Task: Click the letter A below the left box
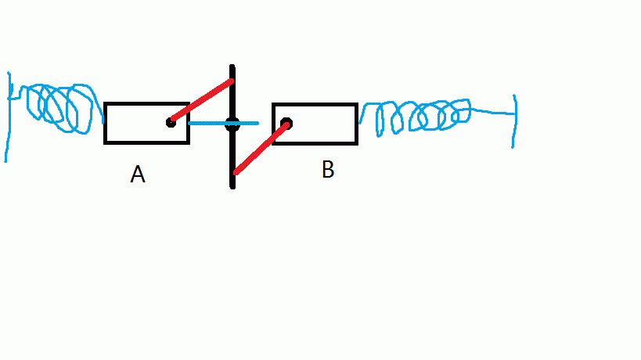(138, 175)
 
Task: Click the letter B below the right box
(328, 170)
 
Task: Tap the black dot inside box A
(171, 122)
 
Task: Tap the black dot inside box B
(286, 124)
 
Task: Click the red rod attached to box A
(201, 101)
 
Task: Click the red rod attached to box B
(261, 148)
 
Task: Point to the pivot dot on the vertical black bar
(232, 124)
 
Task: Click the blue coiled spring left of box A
(59, 108)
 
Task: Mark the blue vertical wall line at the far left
(9, 117)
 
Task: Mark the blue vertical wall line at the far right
(515, 121)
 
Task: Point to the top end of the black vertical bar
(232, 67)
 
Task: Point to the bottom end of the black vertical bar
(232, 186)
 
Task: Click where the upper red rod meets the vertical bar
(231, 81)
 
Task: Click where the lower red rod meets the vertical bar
(234, 172)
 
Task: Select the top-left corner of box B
(273, 104)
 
